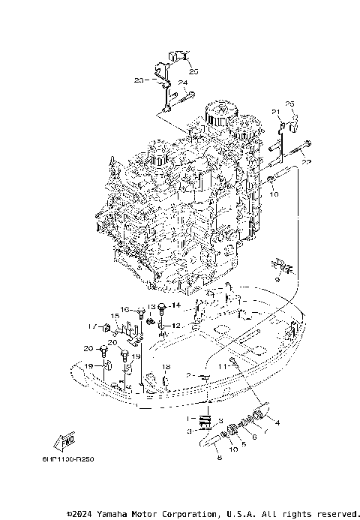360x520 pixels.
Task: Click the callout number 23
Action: (139, 80)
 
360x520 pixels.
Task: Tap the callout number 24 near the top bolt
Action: (182, 83)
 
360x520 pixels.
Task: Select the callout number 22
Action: (306, 162)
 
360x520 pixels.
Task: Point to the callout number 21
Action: (275, 111)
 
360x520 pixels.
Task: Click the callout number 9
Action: (277, 279)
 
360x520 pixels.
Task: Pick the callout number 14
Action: (177, 305)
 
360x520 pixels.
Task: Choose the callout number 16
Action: (124, 309)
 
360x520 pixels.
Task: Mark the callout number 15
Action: (116, 316)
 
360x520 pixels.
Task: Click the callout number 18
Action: (167, 367)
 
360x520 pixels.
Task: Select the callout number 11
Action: (222, 365)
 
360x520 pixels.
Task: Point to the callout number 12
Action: (177, 326)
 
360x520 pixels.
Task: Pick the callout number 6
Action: (253, 437)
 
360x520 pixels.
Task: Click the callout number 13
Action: (151, 307)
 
